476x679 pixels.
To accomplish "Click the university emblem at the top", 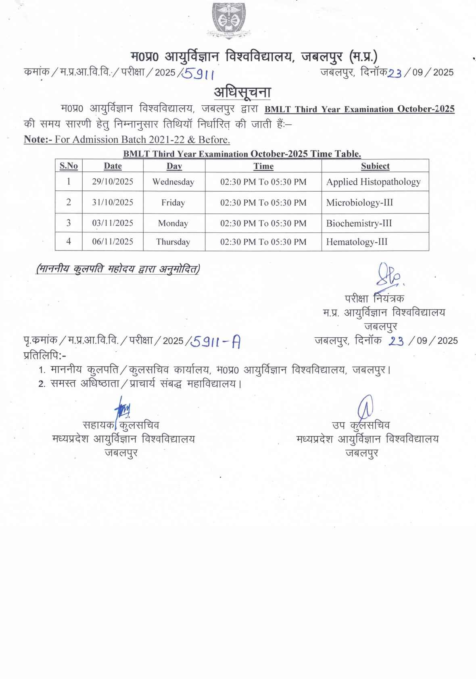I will coord(228,20).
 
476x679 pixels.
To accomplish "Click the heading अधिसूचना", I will coord(242,92).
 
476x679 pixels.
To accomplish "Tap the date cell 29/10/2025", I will coord(113,182).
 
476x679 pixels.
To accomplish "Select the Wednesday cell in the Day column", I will coord(173,182).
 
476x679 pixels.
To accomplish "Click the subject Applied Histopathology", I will coord(373,182).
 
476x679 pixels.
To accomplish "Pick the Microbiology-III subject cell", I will coord(359,203).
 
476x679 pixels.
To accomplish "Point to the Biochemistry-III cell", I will coord(359,223).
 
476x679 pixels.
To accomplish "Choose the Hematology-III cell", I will coord(357,242).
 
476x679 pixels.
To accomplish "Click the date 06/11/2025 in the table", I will coord(113,242).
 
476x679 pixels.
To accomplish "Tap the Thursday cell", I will coord(173,242).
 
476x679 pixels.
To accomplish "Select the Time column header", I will coord(263,166).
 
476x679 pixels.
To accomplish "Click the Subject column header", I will coord(375,166).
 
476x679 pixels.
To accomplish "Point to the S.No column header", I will coord(69,166).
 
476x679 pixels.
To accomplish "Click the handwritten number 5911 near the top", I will coord(198,73).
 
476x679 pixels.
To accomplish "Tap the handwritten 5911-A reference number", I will coord(216,342).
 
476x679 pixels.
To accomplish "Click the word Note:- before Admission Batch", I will coord(38,140).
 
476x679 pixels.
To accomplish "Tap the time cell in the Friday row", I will coord(263,203).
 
